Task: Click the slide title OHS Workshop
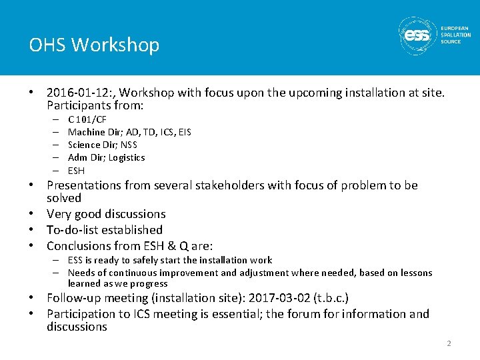[94, 45]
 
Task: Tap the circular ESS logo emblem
[417, 35]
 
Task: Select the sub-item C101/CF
[87, 119]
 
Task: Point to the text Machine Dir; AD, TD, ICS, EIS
[129, 132]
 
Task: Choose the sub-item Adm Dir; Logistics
[106, 157]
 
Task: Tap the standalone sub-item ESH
[77, 171]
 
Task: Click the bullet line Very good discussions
[106, 214]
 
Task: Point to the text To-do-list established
[105, 230]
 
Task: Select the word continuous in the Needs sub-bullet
[129, 273]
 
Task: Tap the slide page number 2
[449, 343]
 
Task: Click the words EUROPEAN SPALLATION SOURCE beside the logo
[455, 35]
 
